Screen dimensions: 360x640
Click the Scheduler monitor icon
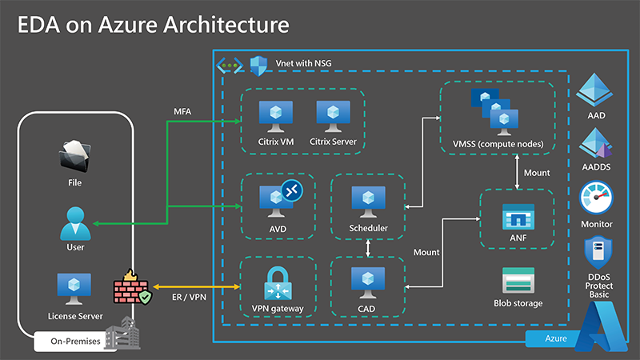click(368, 202)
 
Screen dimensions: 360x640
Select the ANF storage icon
click(517, 217)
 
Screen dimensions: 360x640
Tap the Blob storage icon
click(517, 281)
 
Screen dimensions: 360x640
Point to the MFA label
click(183, 109)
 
